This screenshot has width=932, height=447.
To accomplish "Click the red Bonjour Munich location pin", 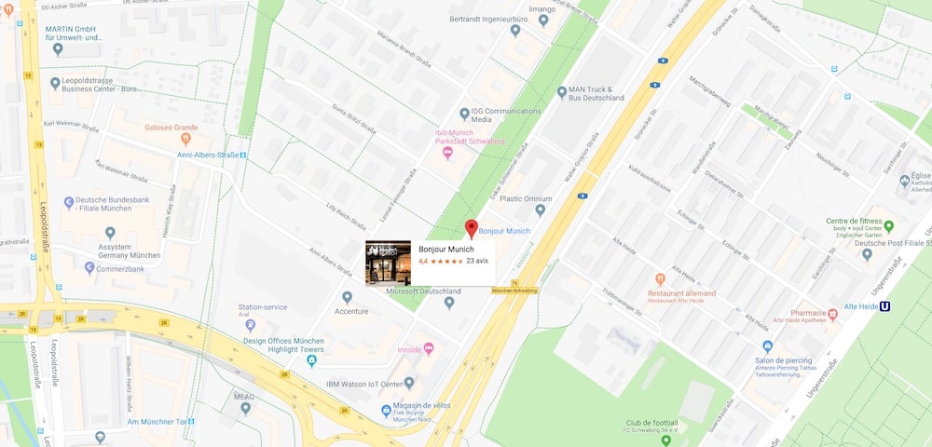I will tap(472, 227).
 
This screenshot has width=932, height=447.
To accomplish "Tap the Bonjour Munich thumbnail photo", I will tap(388, 263).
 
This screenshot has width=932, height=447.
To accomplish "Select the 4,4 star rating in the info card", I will tap(441, 262).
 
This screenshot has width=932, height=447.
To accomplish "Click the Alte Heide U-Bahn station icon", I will tap(884, 306).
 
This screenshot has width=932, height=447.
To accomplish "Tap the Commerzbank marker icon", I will tap(89, 268).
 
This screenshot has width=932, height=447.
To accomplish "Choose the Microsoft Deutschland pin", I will tap(449, 303).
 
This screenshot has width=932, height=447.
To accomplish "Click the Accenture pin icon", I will tap(347, 298).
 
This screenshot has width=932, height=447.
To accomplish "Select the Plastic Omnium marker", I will tap(539, 197).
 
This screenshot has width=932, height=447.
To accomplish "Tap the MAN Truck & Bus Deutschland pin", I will tap(561, 92).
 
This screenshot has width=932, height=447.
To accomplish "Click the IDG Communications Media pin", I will tap(464, 114).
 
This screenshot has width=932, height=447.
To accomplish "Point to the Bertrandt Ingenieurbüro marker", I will tap(515, 31).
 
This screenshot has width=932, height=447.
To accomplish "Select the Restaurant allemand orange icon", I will tap(660, 279).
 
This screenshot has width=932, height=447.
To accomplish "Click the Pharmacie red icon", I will tap(832, 314).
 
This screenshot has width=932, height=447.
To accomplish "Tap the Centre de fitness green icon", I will tap(888, 225).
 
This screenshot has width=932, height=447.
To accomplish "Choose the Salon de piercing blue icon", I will tap(767, 346).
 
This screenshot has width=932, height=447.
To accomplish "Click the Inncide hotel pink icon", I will tap(429, 349).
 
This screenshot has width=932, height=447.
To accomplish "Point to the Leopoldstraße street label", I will tap(44, 214).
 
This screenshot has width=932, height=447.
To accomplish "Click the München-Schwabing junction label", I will tap(514, 291).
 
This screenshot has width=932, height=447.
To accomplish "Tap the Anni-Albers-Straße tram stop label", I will tap(208, 155).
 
